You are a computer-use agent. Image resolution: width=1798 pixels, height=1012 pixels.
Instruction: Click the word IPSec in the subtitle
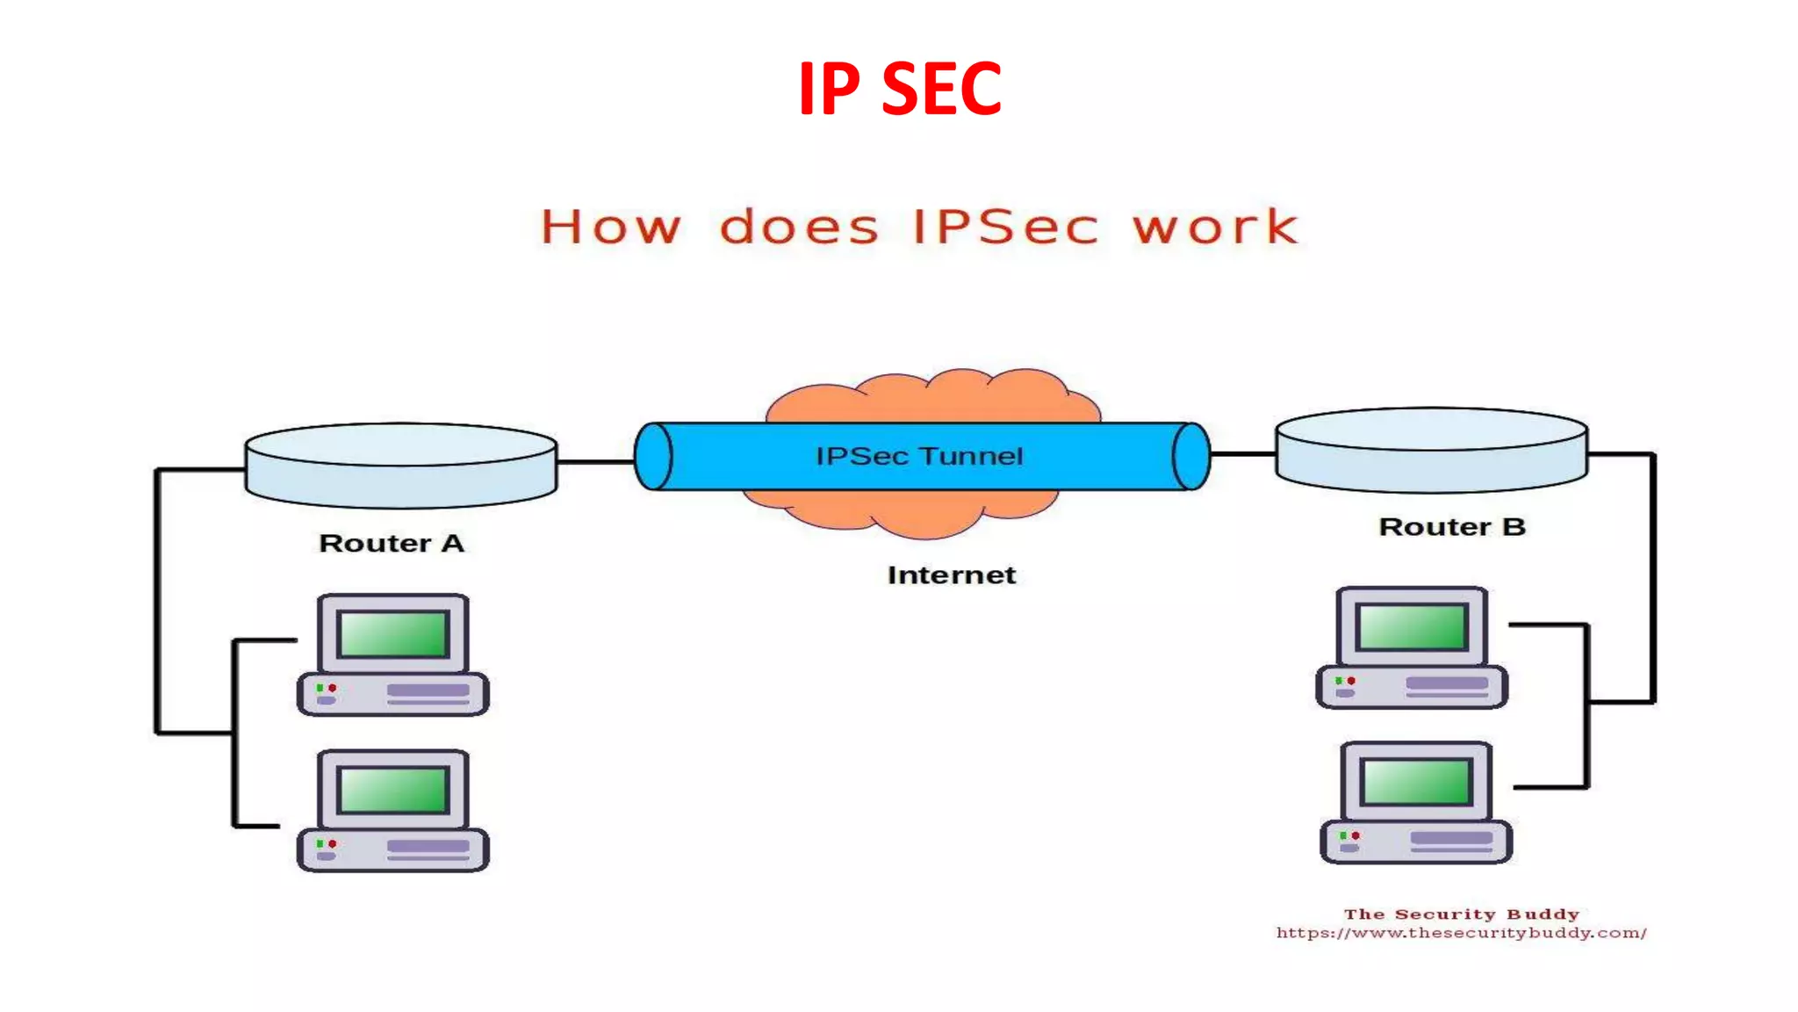(x=1005, y=227)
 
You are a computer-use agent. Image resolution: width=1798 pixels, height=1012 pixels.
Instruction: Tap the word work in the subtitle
(x=1215, y=227)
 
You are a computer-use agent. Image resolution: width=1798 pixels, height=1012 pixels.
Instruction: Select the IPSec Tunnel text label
(x=919, y=456)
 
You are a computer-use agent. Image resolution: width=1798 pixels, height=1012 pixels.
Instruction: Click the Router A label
(x=392, y=543)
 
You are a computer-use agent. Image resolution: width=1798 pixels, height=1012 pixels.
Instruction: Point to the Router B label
(x=1452, y=527)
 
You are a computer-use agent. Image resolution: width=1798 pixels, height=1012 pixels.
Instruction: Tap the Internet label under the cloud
(x=952, y=575)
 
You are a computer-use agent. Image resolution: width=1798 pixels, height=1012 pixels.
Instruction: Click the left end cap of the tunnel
(x=653, y=456)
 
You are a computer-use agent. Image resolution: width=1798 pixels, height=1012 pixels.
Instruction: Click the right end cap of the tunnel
(x=1191, y=456)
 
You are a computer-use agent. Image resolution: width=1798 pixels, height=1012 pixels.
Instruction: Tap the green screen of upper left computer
(x=393, y=634)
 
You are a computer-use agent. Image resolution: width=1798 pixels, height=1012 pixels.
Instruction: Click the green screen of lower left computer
(x=393, y=789)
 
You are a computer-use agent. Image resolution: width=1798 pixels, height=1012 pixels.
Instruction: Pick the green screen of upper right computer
(x=1412, y=627)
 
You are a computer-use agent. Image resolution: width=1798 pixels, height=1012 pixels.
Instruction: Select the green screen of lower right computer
(x=1416, y=782)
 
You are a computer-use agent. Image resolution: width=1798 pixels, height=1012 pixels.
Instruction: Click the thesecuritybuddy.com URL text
(x=1461, y=933)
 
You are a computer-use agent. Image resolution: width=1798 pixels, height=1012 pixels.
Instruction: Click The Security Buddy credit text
(x=1461, y=914)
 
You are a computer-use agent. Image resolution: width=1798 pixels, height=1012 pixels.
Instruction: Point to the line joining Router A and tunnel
(x=595, y=461)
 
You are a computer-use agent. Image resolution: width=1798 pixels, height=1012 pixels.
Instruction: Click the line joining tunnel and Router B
(x=1242, y=454)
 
